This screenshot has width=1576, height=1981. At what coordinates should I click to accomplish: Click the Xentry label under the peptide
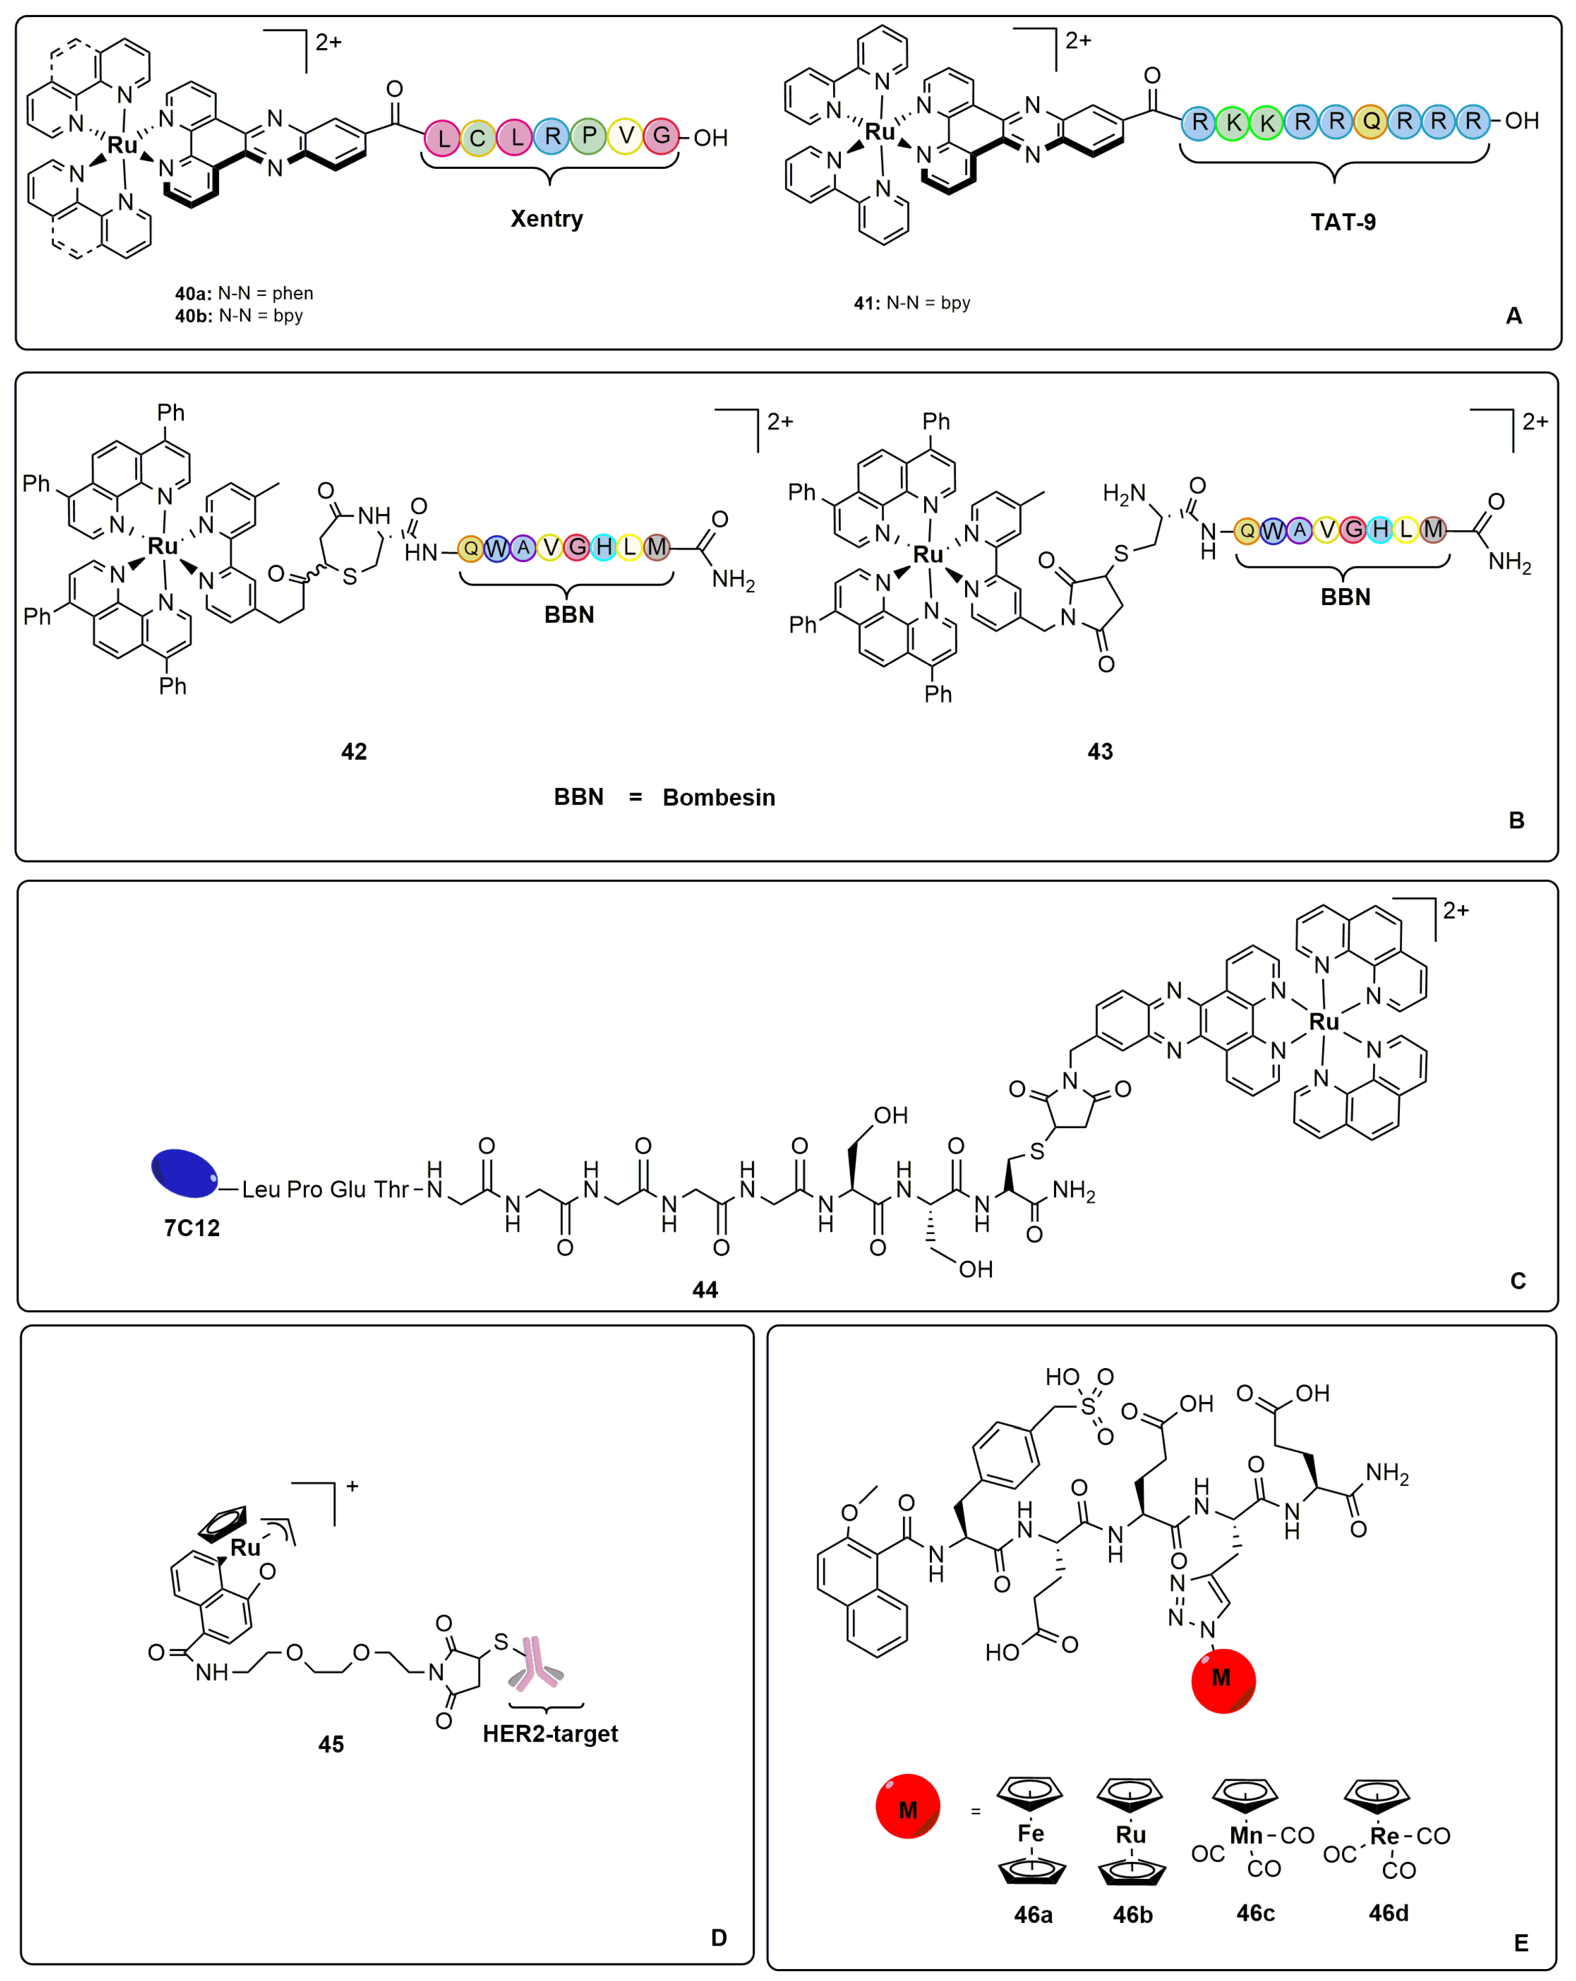pos(546,219)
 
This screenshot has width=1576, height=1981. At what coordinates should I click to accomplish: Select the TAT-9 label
pos(1342,221)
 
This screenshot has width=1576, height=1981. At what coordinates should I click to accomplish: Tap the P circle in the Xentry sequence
pos(589,136)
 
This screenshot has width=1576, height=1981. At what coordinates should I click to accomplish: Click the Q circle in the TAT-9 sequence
pos(1370,121)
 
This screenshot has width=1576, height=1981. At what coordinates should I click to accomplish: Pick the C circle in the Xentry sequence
pos(477,138)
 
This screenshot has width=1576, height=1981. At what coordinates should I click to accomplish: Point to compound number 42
pos(354,752)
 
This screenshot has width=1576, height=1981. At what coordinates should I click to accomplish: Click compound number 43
pos(1099,752)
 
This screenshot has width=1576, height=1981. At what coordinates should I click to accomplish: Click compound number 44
pos(705,1289)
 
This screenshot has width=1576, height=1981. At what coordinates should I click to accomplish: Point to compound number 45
pos(331,1744)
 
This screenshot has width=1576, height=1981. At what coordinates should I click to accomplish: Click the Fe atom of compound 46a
pos(1030,1833)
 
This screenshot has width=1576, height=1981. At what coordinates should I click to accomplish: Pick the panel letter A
pos(1513,316)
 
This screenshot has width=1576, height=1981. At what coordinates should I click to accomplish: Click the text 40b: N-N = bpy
pos(239,315)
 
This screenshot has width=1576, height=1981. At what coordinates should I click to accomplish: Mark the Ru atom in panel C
pos(1323,1022)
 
